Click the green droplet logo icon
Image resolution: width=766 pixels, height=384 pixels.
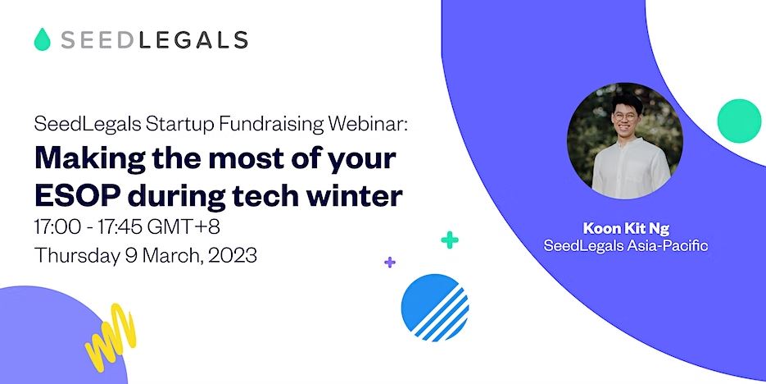(42, 39)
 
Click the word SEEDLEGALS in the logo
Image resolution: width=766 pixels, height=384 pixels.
(154, 39)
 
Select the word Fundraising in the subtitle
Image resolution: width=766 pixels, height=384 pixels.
(271, 124)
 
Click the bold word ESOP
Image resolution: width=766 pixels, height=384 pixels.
(77, 195)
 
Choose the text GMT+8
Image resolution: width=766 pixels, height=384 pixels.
(184, 227)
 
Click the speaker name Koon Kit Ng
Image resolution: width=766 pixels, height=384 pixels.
(626, 228)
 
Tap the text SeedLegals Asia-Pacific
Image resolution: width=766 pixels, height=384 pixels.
(626, 245)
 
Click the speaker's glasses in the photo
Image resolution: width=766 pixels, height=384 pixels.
(625, 117)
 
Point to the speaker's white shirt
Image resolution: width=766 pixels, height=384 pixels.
(631, 169)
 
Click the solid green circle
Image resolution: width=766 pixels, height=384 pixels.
(739, 121)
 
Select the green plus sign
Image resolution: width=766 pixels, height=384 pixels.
(450, 240)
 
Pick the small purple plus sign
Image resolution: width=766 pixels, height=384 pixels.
(389, 263)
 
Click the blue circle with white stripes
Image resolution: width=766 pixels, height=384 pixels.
(435, 307)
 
